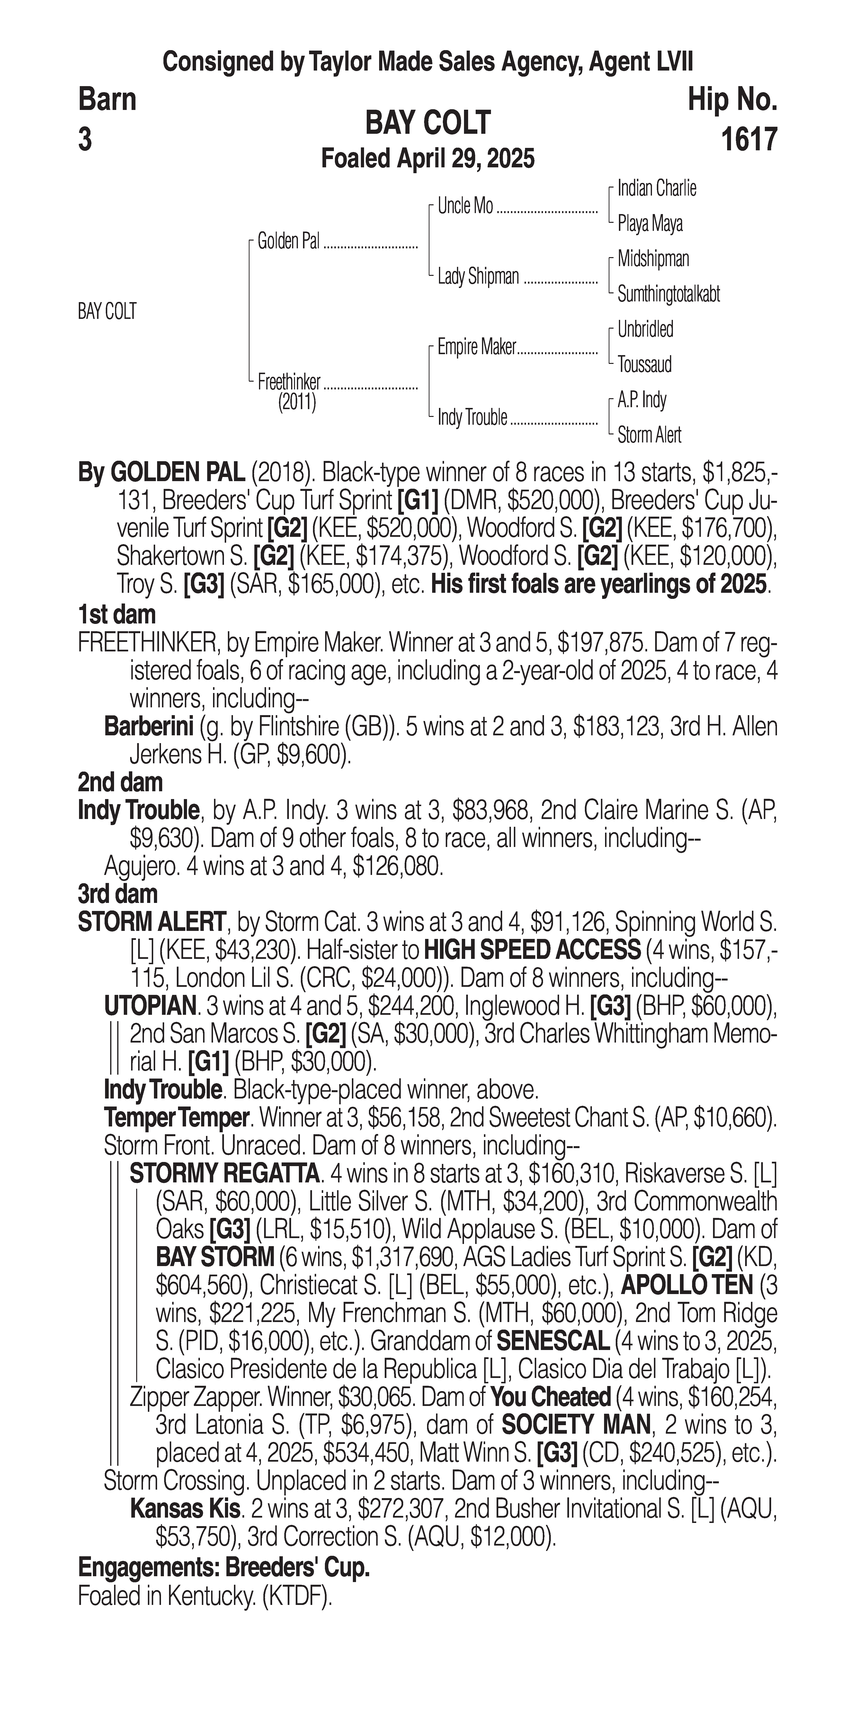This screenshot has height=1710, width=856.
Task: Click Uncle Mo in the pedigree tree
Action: coord(465,207)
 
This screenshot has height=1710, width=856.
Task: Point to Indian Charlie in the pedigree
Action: coord(656,189)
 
